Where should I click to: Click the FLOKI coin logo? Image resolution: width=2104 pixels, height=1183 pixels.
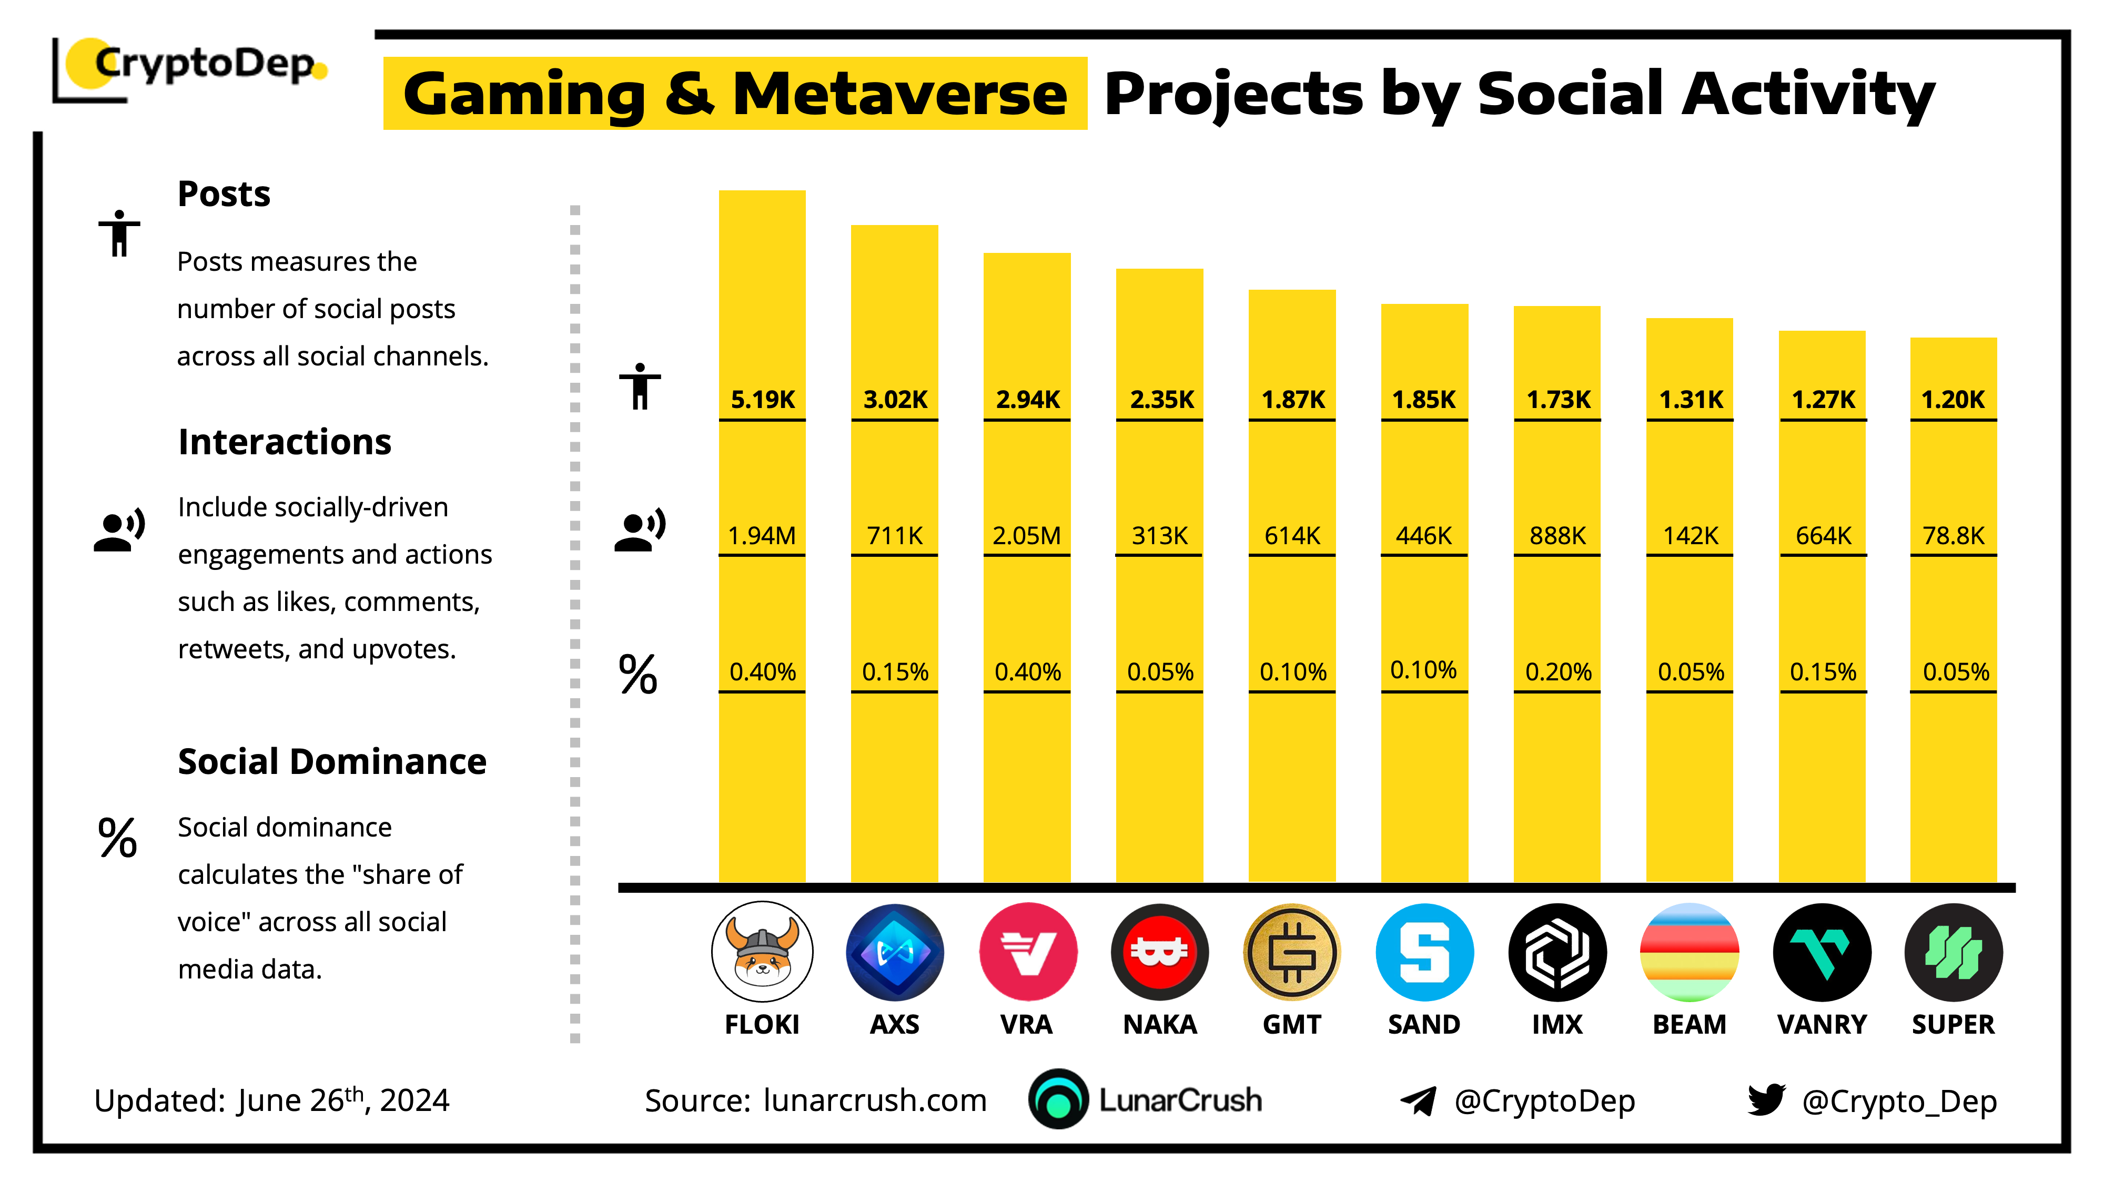(762, 952)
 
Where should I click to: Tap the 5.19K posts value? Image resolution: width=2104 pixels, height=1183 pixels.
(762, 399)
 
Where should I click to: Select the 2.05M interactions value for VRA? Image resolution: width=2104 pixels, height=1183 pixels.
(1027, 536)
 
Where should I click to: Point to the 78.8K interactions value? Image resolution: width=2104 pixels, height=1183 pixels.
(1953, 536)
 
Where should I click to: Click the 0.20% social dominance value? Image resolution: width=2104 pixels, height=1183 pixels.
(1557, 672)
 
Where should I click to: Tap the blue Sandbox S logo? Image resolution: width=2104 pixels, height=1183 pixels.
(1424, 952)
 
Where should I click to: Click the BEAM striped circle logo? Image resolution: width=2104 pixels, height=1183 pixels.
(1689, 952)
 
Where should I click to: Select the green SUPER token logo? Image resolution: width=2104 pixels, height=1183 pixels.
(1953, 952)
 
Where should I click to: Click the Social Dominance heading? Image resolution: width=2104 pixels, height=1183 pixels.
(331, 762)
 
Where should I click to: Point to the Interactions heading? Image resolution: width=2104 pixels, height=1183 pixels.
(284, 442)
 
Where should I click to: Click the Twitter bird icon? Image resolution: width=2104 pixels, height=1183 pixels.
(1766, 1100)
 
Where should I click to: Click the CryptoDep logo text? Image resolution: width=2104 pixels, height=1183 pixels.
(204, 64)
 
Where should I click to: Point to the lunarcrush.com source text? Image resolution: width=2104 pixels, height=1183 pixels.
(875, 1100)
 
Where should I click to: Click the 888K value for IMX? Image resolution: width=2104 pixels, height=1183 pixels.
(1557, 536)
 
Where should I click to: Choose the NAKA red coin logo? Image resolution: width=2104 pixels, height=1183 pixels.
(1159, 952)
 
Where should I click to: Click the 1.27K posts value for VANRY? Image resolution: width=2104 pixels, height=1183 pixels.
(1822, 399)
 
